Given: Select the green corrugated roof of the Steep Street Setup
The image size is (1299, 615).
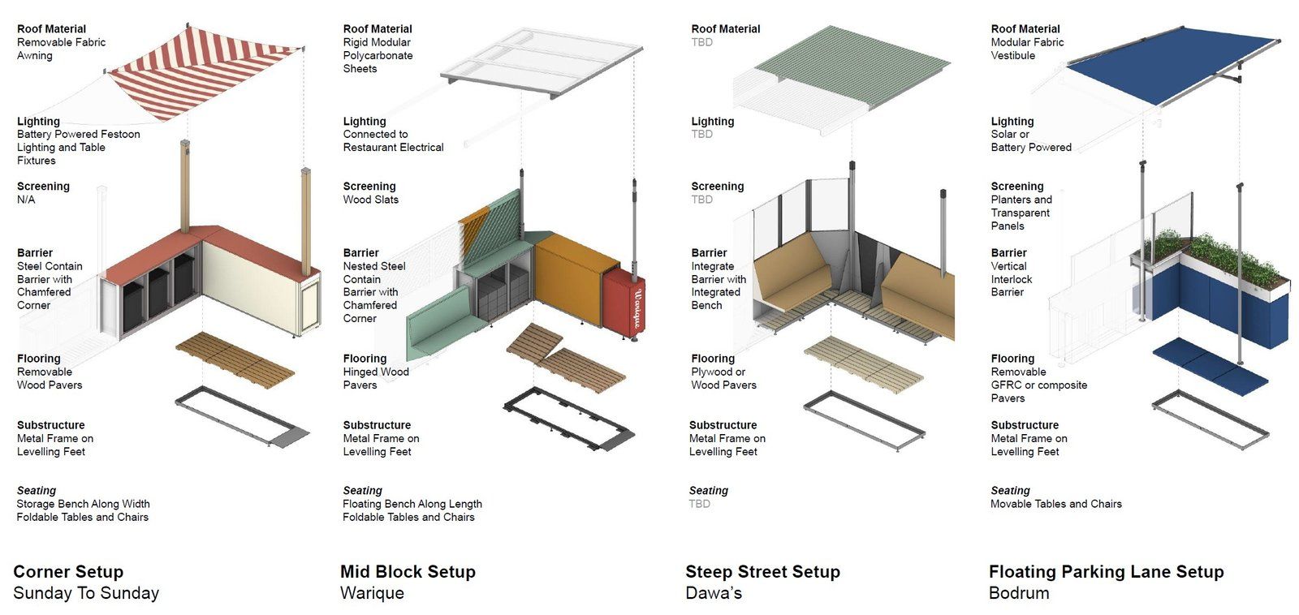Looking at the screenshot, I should point(852,65).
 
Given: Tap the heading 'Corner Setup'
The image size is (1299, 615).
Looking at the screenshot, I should point(68,572).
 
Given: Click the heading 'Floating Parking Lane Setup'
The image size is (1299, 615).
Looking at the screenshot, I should point(1106,572).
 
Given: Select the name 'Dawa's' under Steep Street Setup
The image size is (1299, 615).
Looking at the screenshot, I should point(714,593).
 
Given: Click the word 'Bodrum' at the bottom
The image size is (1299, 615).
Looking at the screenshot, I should point(1019,593).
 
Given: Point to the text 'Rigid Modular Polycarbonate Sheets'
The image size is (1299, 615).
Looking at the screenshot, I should point(378,55).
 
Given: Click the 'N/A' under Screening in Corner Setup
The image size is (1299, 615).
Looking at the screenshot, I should point(26,200).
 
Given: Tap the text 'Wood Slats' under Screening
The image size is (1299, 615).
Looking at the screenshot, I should point(370,200).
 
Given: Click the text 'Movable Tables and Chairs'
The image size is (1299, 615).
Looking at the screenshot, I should point(1055,504).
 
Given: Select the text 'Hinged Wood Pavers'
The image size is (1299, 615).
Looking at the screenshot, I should point(375,378).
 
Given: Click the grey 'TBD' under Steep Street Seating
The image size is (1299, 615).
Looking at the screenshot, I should point(699,504).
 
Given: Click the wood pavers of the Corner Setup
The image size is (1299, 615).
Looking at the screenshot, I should point(235,357).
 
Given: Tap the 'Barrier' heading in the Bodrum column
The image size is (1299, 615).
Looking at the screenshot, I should point(1008,252).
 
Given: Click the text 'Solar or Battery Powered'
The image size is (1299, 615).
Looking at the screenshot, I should point(1030,140).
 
